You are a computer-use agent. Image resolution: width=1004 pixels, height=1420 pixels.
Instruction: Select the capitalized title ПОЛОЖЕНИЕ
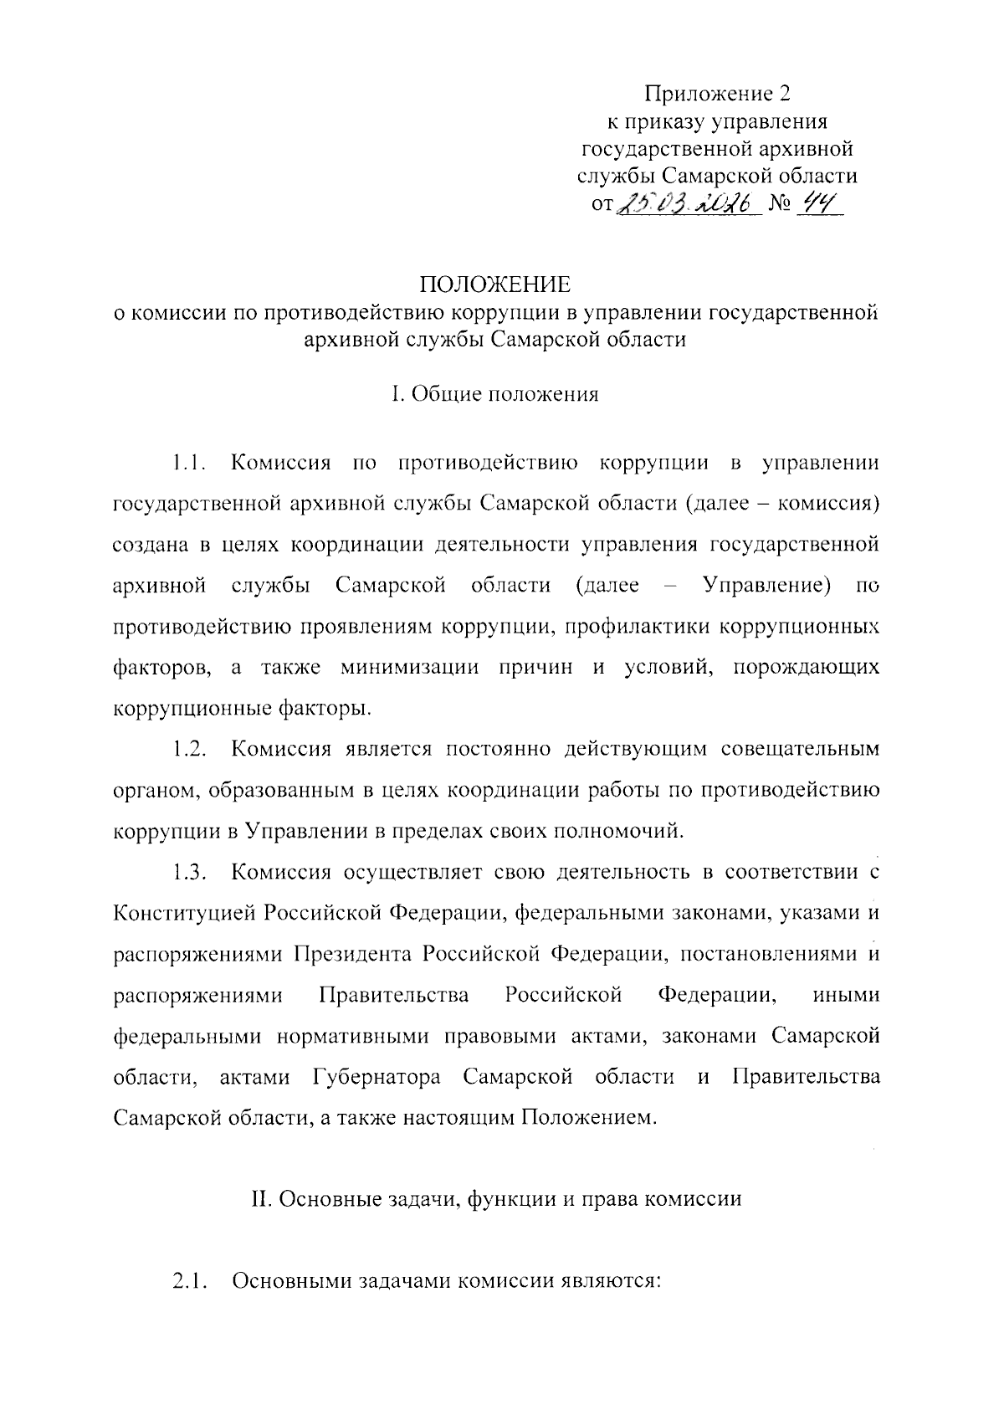click(x=495, y=285)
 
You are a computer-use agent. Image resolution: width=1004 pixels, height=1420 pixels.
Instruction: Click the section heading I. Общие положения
click(x=495, y=394)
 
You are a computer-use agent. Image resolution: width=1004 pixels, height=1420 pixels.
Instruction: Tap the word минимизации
click(x=410, y=667)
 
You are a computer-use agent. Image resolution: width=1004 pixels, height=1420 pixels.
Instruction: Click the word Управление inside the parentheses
click(x=767, y=585)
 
